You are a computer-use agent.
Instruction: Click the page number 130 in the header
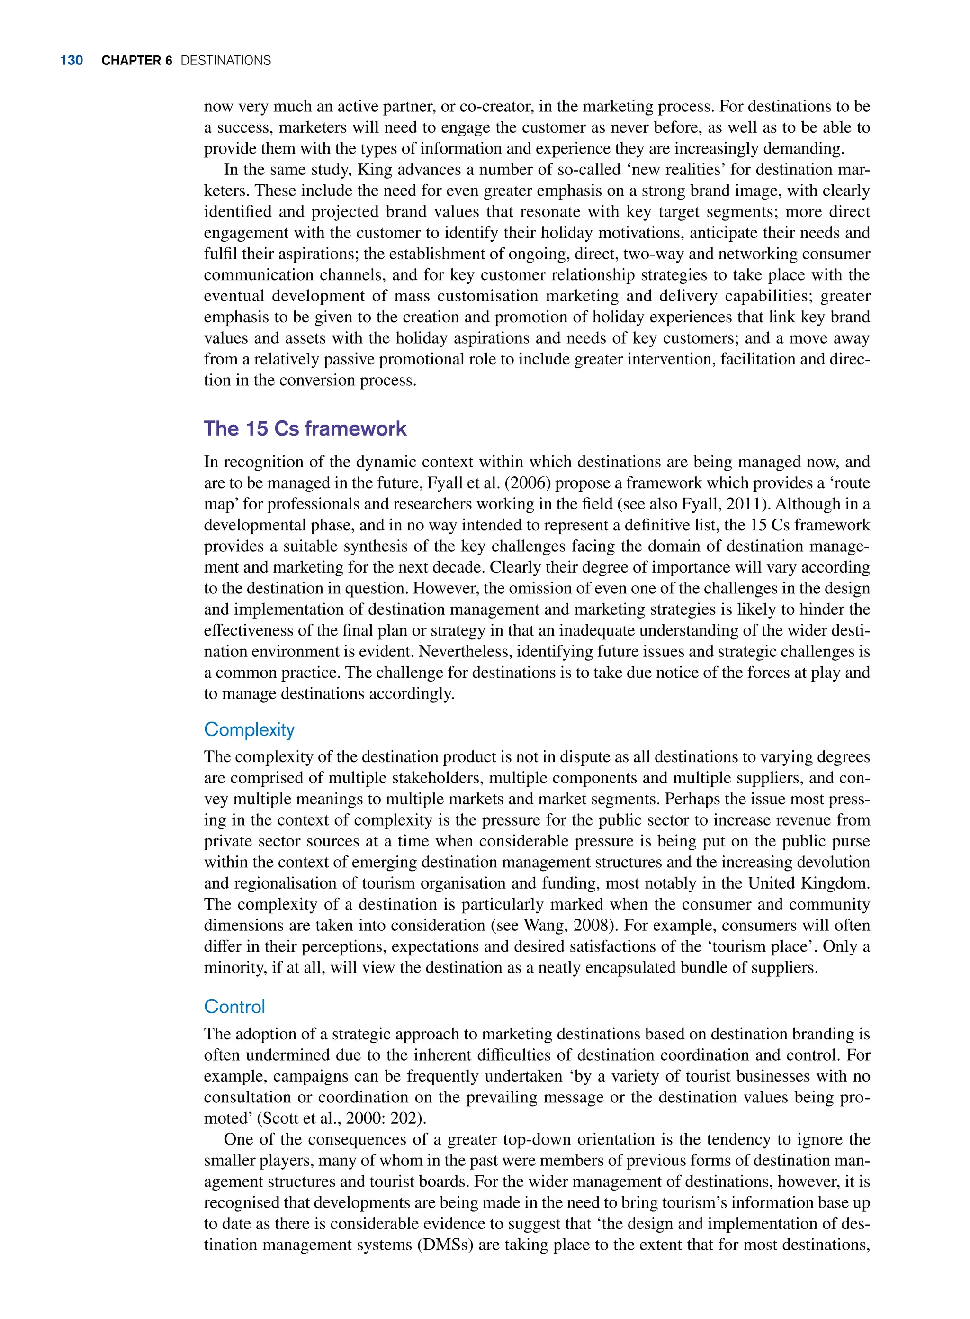(x=71, y=61)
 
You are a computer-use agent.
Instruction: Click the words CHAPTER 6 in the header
(x=136, y=61)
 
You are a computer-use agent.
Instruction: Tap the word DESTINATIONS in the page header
(x=225, y=61)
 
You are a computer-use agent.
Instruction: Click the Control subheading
(x=234, y=1007)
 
